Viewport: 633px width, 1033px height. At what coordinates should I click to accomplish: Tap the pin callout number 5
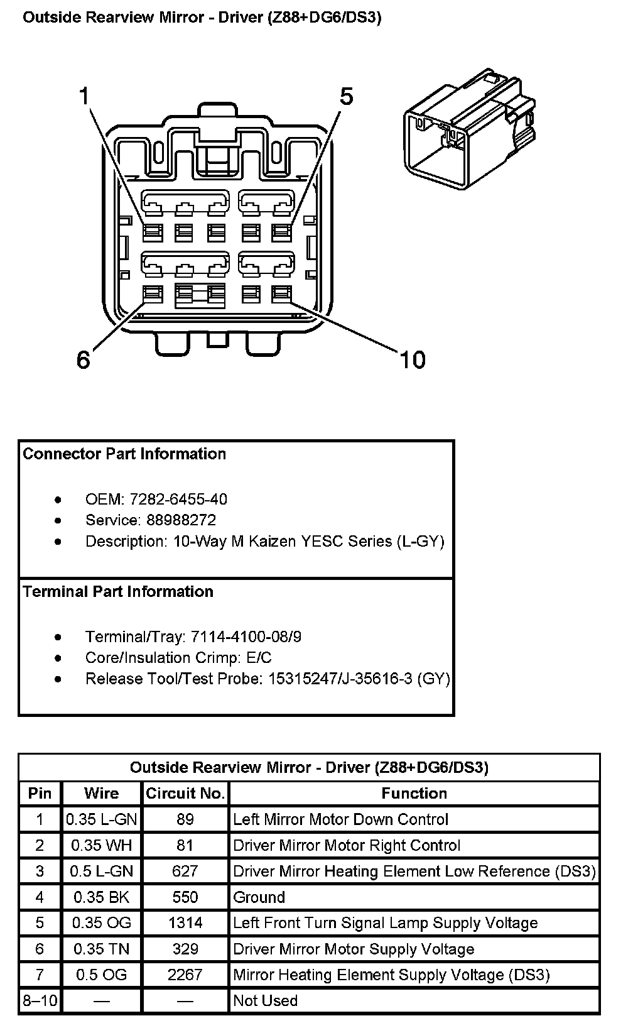tap(346, 97)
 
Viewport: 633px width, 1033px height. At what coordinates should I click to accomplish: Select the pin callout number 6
tap(84, 359)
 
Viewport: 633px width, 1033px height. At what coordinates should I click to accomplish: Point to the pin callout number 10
tap(413, 359)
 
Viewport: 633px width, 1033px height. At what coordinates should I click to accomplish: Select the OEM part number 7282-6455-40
tap(178, 500)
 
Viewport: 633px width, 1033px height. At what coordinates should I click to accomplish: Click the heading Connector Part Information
tap(124, 454)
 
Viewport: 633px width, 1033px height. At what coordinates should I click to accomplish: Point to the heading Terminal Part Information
tap(118, 591)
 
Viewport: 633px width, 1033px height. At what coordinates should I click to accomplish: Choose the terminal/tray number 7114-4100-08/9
tap(246, 637)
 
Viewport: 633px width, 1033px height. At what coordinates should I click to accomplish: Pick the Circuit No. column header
tap(185, 794)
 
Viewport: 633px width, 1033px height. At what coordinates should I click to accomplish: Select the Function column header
tap(414, 794)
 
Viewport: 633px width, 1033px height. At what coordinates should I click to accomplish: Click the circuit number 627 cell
tap(185, 872)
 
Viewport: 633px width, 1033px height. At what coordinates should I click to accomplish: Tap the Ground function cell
tap(259, 897)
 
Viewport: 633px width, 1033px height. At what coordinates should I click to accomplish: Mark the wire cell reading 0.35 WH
tap(102, 846)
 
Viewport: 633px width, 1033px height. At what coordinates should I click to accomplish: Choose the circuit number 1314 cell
tap(185, 923)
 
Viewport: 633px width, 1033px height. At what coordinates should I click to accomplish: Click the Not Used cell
tap(265, 1000)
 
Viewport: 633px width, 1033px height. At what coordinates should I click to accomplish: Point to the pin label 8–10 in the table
tap(40, 1000)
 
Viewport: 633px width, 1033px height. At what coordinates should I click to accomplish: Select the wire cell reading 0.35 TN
tap(102, 949)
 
